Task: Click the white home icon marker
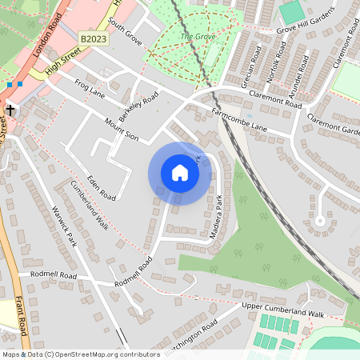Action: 180,173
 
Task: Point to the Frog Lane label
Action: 90,88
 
